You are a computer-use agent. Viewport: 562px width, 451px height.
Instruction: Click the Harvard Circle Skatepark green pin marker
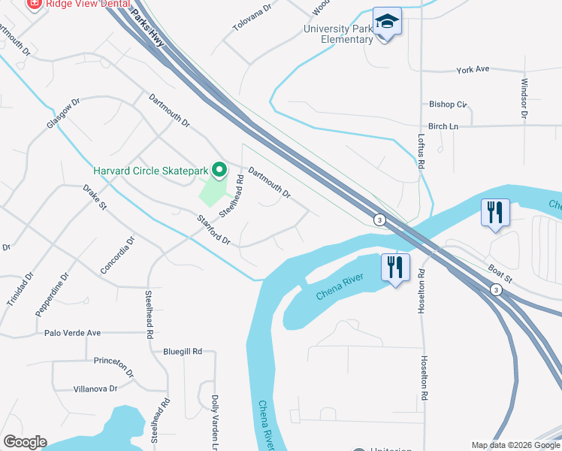point(219,171)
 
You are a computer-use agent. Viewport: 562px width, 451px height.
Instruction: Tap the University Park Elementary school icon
point(388,22)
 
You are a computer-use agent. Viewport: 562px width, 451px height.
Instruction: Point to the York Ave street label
point(473,69)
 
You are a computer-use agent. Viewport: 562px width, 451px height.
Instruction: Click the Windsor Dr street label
point(524,99)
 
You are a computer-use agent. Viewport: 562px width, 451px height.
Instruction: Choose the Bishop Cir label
point(448,104)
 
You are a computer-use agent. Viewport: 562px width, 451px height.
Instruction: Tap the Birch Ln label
point(443,126)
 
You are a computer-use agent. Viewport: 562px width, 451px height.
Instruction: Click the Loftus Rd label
point(421,151)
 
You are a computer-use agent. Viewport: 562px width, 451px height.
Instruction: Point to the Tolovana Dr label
point(249,25)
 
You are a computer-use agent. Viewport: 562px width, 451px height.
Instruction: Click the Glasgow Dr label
point(63,114)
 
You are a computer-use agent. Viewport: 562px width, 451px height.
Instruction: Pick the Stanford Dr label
point(213,230)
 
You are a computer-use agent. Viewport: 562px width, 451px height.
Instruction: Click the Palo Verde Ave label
point(72,332)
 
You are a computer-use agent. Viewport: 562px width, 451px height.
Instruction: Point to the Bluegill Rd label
point(183,351)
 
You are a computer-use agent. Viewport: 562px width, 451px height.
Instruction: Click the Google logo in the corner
point(25,442)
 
